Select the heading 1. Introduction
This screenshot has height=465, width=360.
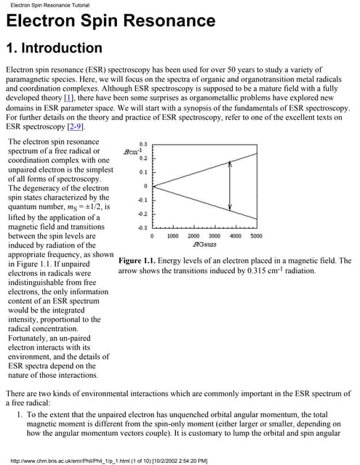[54, 49]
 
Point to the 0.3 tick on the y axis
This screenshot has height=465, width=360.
[143, 144]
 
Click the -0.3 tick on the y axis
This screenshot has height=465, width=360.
[143, 228]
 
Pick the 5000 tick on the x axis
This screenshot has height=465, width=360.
[256, 236]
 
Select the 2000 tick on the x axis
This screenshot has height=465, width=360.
[193, 236]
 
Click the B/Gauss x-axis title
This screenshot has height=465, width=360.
[193, 245]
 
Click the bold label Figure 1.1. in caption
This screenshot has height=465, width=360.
[140, 261]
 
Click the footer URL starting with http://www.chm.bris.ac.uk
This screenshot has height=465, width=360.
[106, 460]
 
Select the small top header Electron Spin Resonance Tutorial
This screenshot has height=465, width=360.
[45, 5]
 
